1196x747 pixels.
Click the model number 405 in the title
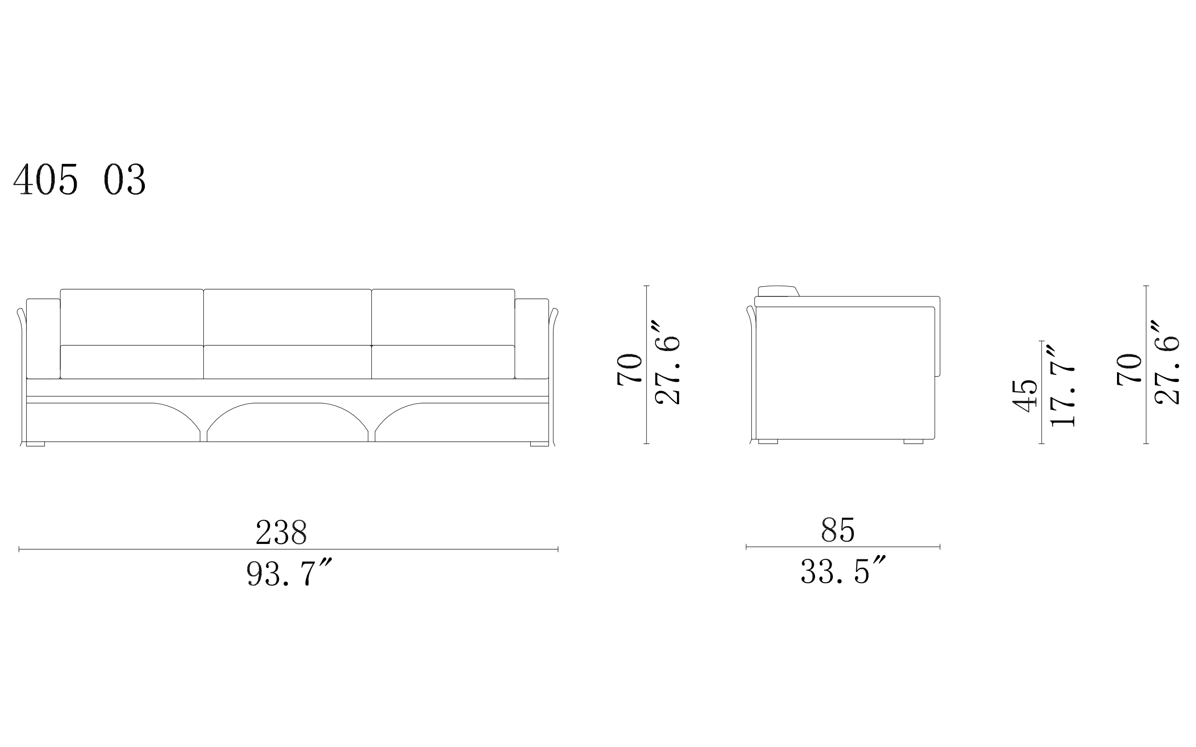pyautogui.click(x=45, y=179)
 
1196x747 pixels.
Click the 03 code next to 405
pyautogui.click(x=125, y=179)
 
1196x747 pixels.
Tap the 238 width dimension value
pyautogui.click(x=281, y=532)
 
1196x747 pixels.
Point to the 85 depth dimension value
pyautogui.click(x=838, y=529)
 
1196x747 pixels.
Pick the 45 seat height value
pyautogui.click(x=1025, y=396)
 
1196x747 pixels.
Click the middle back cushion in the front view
pyautogui.click(x=287, y=317)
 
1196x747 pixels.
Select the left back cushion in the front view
pyautogui.click(x=131, y=317)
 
